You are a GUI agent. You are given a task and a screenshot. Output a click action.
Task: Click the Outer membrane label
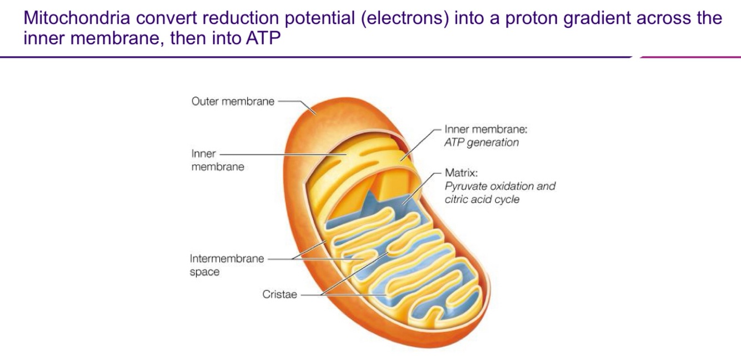click(232, 102)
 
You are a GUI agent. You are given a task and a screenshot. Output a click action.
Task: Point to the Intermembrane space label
click(227, 265)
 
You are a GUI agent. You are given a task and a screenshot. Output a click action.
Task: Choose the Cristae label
click(280, 294)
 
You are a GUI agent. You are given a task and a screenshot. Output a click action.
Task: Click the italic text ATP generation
click(482, 143)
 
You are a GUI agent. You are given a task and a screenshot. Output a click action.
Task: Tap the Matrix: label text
click(458, 174)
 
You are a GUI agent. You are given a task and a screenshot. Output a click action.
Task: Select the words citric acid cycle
click(482, 199)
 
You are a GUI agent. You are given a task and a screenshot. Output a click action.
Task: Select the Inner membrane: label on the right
click(485, 129)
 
